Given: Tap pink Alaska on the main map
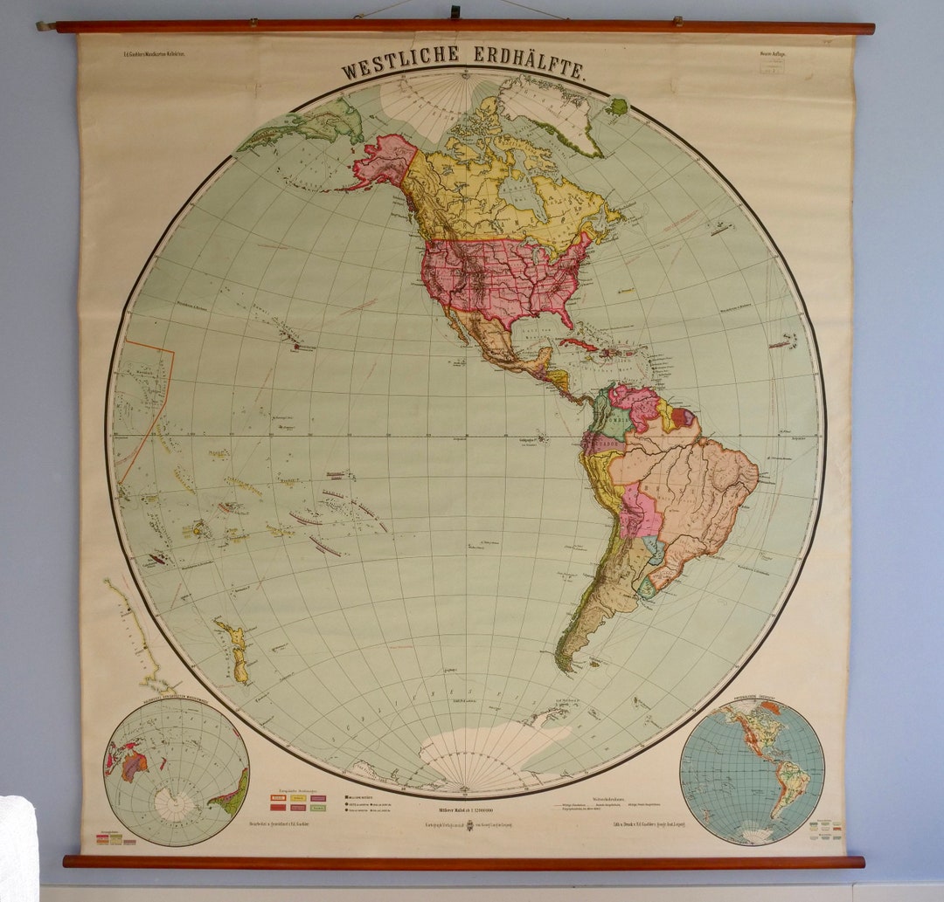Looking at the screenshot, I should pos(385,159).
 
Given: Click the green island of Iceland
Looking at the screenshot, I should pos(617,107).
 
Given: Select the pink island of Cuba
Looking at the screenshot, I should pos(578,344).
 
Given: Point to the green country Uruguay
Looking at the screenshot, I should pos(646,587).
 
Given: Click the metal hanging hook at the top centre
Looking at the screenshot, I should pos(455,11).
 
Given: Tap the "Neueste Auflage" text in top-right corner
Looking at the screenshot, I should pos(773,55).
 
